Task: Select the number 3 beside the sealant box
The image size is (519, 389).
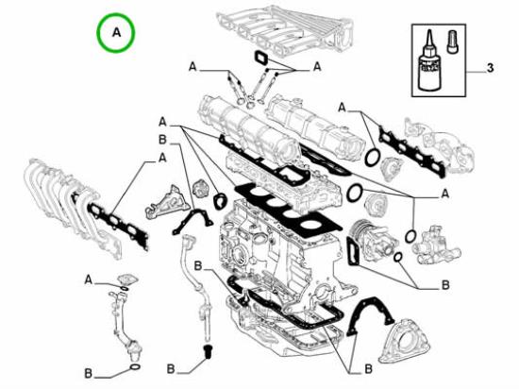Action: click(x=490, y=69)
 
